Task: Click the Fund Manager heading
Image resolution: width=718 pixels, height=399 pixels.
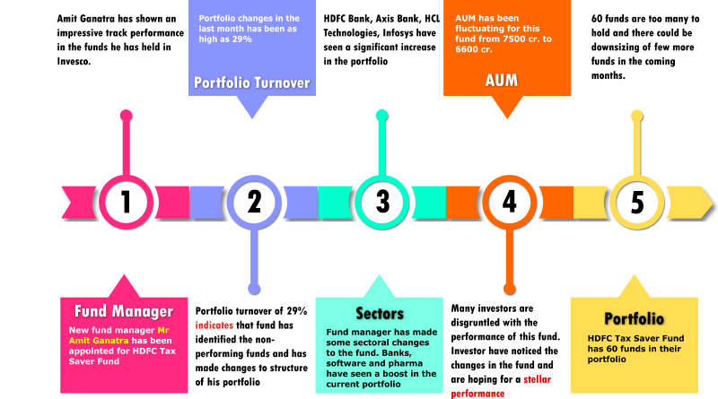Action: point(123,312)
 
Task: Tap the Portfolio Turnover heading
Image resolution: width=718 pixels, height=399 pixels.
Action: point(252,83)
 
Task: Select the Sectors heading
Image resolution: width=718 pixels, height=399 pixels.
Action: point(379,314)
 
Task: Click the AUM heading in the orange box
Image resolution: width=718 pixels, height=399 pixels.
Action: point(501,81)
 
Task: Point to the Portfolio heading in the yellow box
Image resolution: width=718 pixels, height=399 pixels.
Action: point(634,319)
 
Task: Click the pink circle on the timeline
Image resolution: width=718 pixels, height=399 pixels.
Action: point(126,202)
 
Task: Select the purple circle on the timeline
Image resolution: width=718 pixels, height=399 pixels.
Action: point(253,202)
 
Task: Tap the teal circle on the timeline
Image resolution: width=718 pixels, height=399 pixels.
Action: point(381,202)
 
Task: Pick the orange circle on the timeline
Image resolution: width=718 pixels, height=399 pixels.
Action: point(509,202)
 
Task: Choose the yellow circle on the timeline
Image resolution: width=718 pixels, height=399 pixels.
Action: point(636,202)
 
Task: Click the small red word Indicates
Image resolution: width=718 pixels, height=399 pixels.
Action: point(214,325)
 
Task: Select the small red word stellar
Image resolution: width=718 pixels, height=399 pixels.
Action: point(537,379)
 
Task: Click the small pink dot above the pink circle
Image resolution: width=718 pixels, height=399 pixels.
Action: point(126,115)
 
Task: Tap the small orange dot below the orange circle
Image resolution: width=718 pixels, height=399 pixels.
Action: point(509,289)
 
